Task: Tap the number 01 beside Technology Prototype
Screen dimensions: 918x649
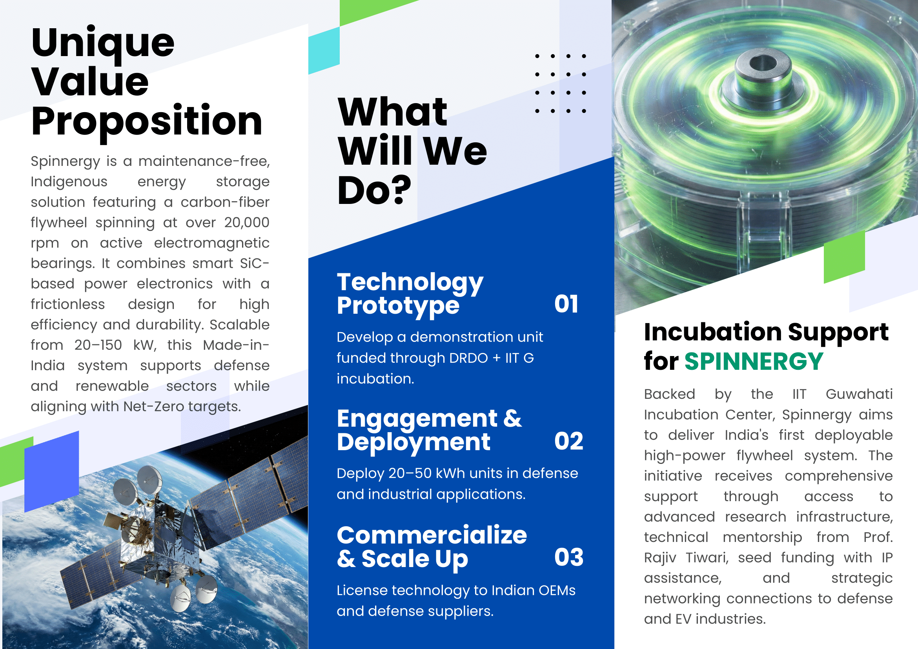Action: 566,304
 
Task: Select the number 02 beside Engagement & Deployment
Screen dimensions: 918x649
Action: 568,441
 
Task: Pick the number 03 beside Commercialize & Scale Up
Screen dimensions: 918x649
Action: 568,557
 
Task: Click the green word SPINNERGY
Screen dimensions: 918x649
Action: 754,361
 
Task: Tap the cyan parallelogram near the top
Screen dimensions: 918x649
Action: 324,51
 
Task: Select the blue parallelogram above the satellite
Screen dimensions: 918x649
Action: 51,472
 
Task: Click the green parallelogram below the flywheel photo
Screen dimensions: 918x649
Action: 844,256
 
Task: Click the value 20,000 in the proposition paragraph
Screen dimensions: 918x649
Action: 247,223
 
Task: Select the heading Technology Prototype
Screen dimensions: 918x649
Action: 410,294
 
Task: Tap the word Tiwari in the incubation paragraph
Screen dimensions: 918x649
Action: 707,558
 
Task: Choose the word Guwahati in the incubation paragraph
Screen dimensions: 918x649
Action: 859,394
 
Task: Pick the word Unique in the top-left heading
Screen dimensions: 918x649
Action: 103,44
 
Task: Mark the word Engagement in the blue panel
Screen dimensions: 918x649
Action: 417,418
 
